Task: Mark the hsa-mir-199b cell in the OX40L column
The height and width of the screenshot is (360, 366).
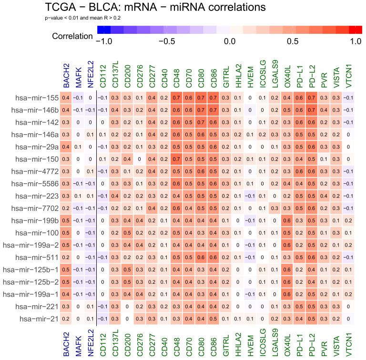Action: click(289, 220)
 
